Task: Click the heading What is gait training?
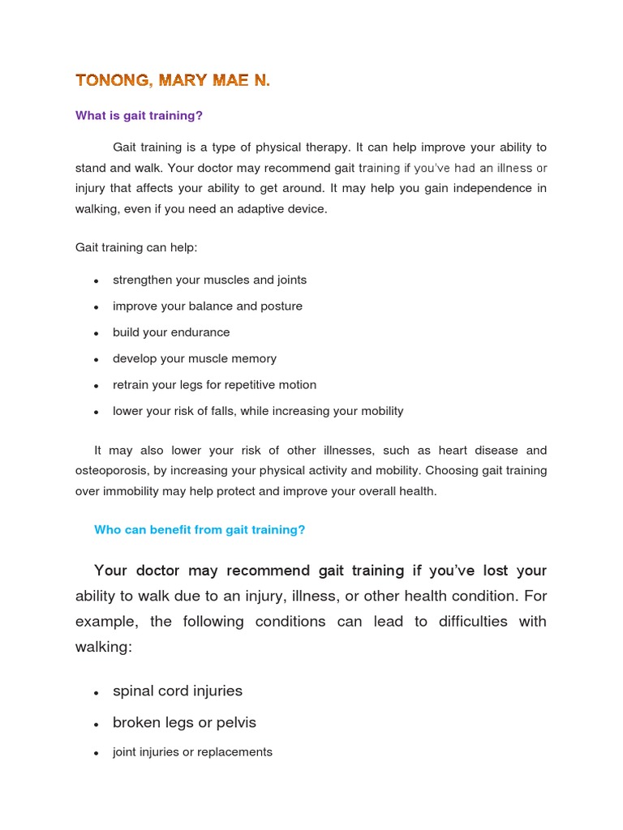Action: click(x=139, y=116)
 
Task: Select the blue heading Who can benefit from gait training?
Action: click(x=200, y=530)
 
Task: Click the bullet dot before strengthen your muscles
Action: click(x=96, y=280)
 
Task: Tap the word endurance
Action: click(x=203, y=332)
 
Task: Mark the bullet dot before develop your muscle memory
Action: click(x=96, y=359)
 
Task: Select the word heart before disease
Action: click(x=454, y=450)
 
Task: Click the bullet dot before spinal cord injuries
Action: click(x=96, y=692)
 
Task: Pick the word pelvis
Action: click(x=235, y=722)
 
